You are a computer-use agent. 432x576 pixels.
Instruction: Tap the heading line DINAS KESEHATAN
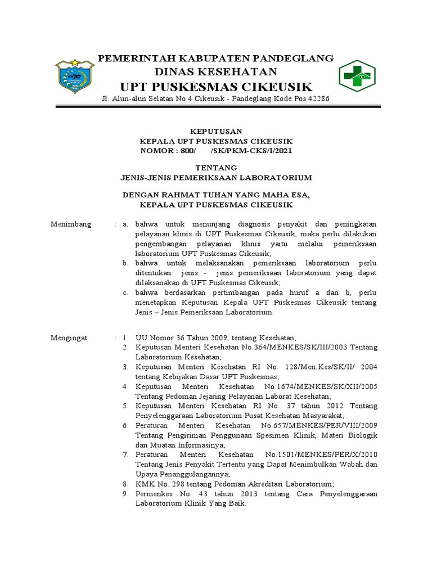pos(217,71)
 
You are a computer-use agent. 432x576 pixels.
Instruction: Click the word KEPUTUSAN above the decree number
pos(217,130)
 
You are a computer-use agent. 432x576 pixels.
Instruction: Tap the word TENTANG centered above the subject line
pos(216,168)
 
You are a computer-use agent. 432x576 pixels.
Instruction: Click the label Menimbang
pos(71,224)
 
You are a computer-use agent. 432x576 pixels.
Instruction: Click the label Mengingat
pos(70,337)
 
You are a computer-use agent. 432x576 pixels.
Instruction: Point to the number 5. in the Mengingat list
pos(126,405)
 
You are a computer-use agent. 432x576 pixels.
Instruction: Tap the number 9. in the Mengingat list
pos(126,493)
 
